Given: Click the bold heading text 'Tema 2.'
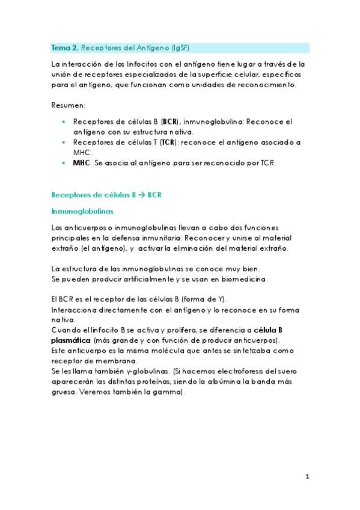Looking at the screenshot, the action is (x=64, y=47).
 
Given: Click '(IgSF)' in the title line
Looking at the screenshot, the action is (x=184, y=47).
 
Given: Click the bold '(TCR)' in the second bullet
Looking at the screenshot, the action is (x=166, y=143).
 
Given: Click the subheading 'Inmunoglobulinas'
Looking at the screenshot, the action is (x=82, y=211).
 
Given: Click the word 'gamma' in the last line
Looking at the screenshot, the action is (x=170, y=392).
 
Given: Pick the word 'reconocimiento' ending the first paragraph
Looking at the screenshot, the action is (x=263, y=85).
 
